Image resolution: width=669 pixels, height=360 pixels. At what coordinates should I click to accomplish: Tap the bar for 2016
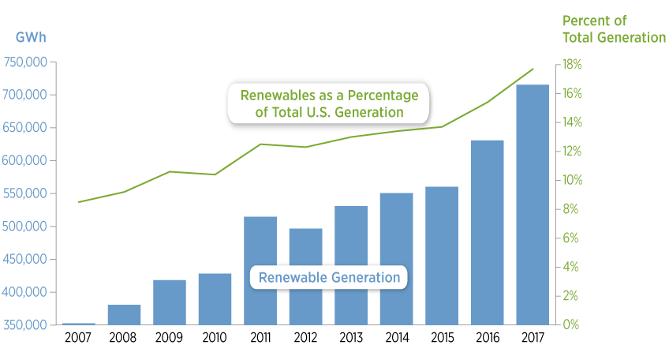[487, 232]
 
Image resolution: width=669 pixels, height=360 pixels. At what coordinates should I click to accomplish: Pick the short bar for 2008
[124, 314]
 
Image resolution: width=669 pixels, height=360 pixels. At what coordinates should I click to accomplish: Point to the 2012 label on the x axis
[305, 337]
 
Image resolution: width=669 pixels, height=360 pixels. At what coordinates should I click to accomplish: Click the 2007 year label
[79, 337]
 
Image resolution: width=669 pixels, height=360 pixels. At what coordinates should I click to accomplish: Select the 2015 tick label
[442, 337]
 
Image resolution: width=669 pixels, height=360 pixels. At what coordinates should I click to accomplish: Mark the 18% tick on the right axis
[572, 65]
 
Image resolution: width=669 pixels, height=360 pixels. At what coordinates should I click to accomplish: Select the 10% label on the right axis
[572, 180]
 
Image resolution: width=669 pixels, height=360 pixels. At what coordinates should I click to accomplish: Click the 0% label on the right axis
[570, 325]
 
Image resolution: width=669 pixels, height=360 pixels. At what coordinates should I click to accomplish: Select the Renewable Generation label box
[329, 278]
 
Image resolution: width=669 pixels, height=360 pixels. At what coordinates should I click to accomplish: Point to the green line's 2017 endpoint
[533, 69]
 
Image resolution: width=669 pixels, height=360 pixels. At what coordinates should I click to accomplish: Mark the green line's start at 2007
[79, 202]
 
